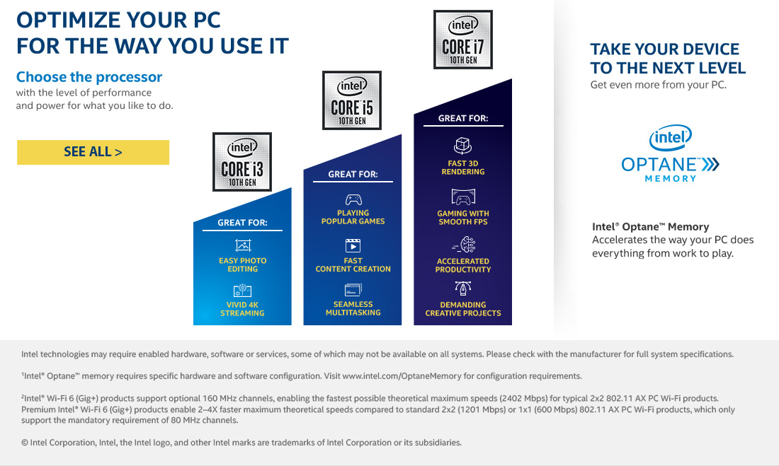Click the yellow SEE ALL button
click(x=93, y=152)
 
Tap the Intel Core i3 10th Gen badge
click(x=242, y=162)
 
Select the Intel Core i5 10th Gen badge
click(x=352, y=100)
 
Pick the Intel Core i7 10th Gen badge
click(x=463, y=39)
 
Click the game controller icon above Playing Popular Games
click(x=353, y=199)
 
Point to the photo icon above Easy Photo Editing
click(x=243, y=245)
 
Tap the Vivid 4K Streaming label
click(x=242, y=309)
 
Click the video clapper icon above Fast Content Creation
click(x=353, y=245)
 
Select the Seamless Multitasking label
click(x=353, y=308)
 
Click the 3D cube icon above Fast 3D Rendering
click(x=462, y=146)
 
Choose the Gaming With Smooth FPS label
click(x=463, y=217)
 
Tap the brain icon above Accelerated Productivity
click(x=464, y=245)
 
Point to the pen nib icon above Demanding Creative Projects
click(x=463, y=288)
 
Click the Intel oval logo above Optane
click(x=670, y=137)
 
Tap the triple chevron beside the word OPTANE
click(x=710, y=164)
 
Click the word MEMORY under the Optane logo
click(x=670, y=179)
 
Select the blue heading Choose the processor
click(x=89, y=77)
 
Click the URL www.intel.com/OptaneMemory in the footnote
click(x=402, y=376)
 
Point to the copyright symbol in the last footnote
click(x=24, y=443)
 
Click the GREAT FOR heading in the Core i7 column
click(x=463, y=118)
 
